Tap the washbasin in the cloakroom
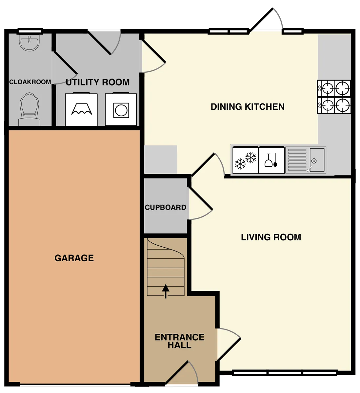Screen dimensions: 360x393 click(29, 43)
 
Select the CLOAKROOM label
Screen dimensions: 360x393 click(30, 82)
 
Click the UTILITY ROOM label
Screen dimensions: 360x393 click(97, 82)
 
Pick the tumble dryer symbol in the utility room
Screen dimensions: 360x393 click(121, 109)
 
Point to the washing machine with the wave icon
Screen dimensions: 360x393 click(81, 109)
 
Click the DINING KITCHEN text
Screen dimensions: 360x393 click(248, 107)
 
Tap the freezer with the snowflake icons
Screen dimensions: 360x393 click(246, 160)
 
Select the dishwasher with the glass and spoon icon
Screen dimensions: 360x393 click(271, 160)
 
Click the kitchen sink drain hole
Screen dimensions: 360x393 click(314, 161)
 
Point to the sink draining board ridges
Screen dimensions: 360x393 click(297, 160)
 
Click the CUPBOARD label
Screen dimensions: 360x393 click(165, 207)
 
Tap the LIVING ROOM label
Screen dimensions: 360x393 click(271, 237)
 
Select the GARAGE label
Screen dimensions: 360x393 click(74, 258)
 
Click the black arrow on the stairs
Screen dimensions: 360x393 click(166, 291)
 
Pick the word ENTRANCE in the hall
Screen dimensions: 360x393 click(180, 337)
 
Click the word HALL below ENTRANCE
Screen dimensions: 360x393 click(180, 345)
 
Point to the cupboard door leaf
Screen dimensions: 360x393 click(201, 198)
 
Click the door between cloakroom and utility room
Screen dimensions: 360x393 click(65, 63)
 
